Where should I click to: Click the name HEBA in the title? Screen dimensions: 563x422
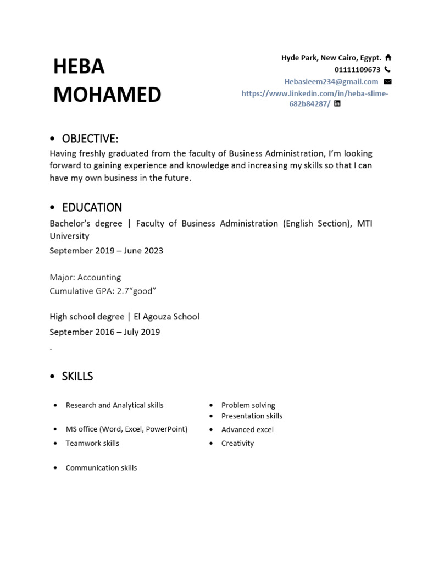point(79,67)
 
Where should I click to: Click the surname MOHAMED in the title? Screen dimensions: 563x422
point(107,95)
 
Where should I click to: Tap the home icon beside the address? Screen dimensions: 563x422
point(388,57)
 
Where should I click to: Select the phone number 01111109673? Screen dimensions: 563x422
point(357,70)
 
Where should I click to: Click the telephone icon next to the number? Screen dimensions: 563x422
point(387,69)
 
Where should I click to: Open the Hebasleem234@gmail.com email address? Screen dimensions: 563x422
point(331,81)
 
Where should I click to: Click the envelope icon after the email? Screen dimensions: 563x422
point(388,81)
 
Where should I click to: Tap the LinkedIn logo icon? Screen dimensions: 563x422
point(337,103)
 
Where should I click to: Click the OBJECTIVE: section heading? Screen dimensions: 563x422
point(90,138)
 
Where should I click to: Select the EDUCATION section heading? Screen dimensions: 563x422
point(92,207)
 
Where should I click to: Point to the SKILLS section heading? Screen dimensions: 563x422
point(77,377)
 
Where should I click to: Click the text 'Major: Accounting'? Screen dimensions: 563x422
point(85,277)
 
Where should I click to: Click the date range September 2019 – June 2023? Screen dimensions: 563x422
point(106,251)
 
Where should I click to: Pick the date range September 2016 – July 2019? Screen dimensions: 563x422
point(104,332)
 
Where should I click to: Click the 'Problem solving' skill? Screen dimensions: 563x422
point(248,405)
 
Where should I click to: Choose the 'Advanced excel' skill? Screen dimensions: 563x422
point(247,429)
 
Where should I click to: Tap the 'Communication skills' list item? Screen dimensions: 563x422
point(101,468)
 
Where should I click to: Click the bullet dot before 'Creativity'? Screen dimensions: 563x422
point(210,443)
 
